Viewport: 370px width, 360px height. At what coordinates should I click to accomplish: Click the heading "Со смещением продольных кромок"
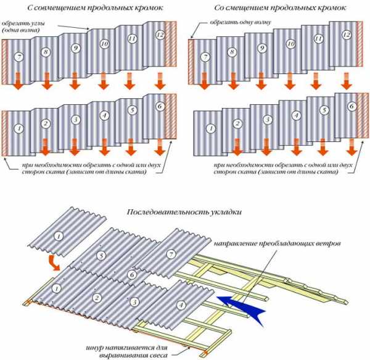click(275, 8)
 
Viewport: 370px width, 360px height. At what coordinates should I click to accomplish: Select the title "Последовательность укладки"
click(184, 212)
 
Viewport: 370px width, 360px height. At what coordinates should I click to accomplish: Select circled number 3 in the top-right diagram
click(266, 120)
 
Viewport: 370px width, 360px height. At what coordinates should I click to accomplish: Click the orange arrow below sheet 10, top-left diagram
click(103, 80)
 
